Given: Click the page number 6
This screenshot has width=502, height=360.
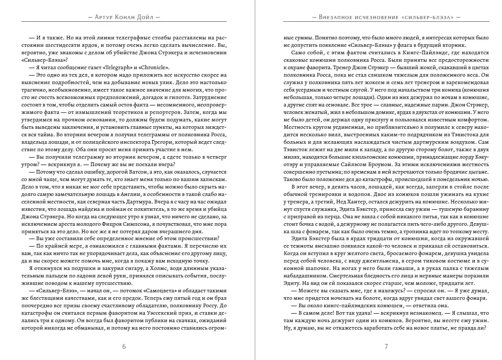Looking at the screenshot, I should (x=124, y=347).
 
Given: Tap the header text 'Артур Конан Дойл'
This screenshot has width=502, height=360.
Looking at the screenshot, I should (x=124, y=17).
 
